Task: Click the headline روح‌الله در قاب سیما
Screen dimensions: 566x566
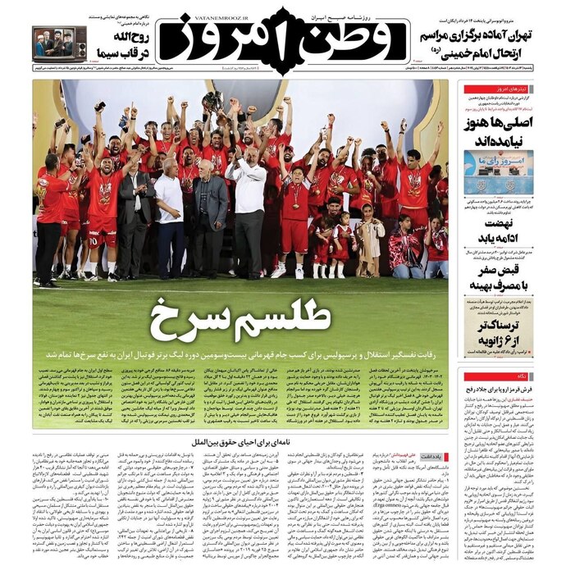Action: [120, 45]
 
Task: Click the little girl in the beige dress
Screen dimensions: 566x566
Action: [369, 238]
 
